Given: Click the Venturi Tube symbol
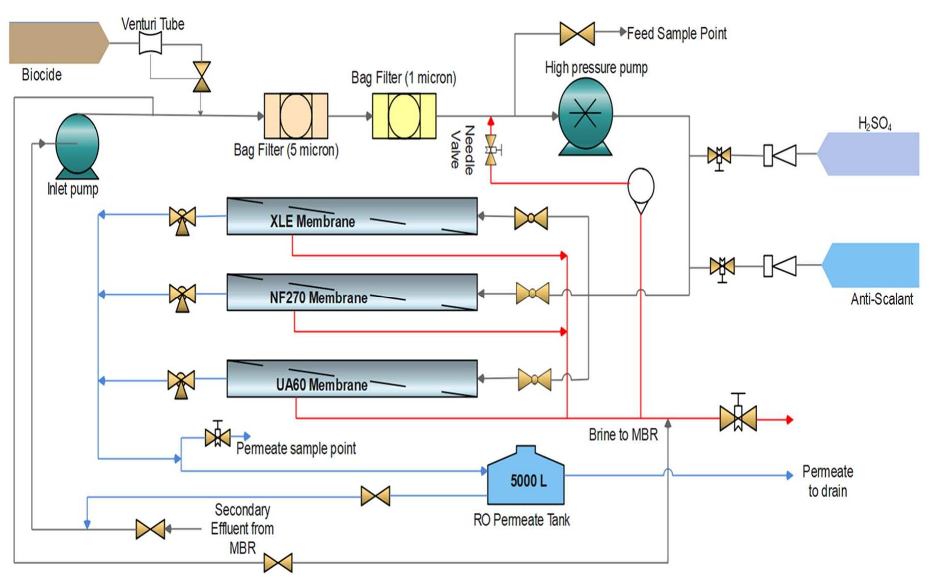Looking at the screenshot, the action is (151, 43).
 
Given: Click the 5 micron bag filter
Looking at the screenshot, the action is (296, 116).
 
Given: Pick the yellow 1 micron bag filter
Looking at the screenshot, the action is (404, 116).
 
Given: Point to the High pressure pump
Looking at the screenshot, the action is (586, 117).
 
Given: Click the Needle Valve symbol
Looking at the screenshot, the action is (491, 150).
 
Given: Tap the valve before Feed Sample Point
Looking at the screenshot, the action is (577, 33).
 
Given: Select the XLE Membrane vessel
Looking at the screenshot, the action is (352, 216).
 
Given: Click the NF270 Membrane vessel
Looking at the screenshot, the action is (352, 292).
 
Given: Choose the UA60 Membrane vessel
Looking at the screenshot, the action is (352, 379).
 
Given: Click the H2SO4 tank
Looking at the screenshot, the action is (868, 154).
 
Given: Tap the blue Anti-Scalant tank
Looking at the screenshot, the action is (871, 265).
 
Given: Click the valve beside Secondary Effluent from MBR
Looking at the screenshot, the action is (150, 529).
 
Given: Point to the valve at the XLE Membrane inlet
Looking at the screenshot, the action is (531, 218).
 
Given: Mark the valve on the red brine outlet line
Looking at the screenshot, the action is (738, 416).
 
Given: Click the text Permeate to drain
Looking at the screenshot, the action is (828, 481).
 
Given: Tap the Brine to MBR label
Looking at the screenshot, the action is (623, 434).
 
